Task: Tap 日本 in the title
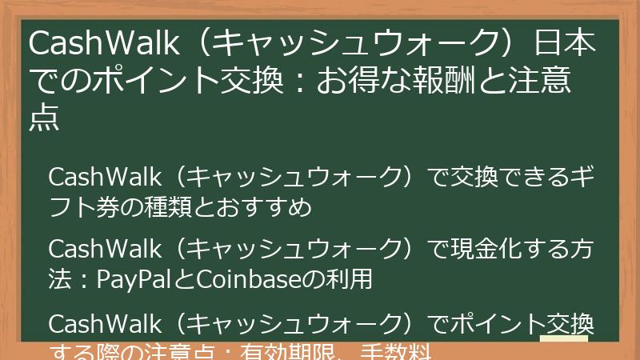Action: click(565, 45)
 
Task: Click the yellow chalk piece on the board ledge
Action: click(564, 342)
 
